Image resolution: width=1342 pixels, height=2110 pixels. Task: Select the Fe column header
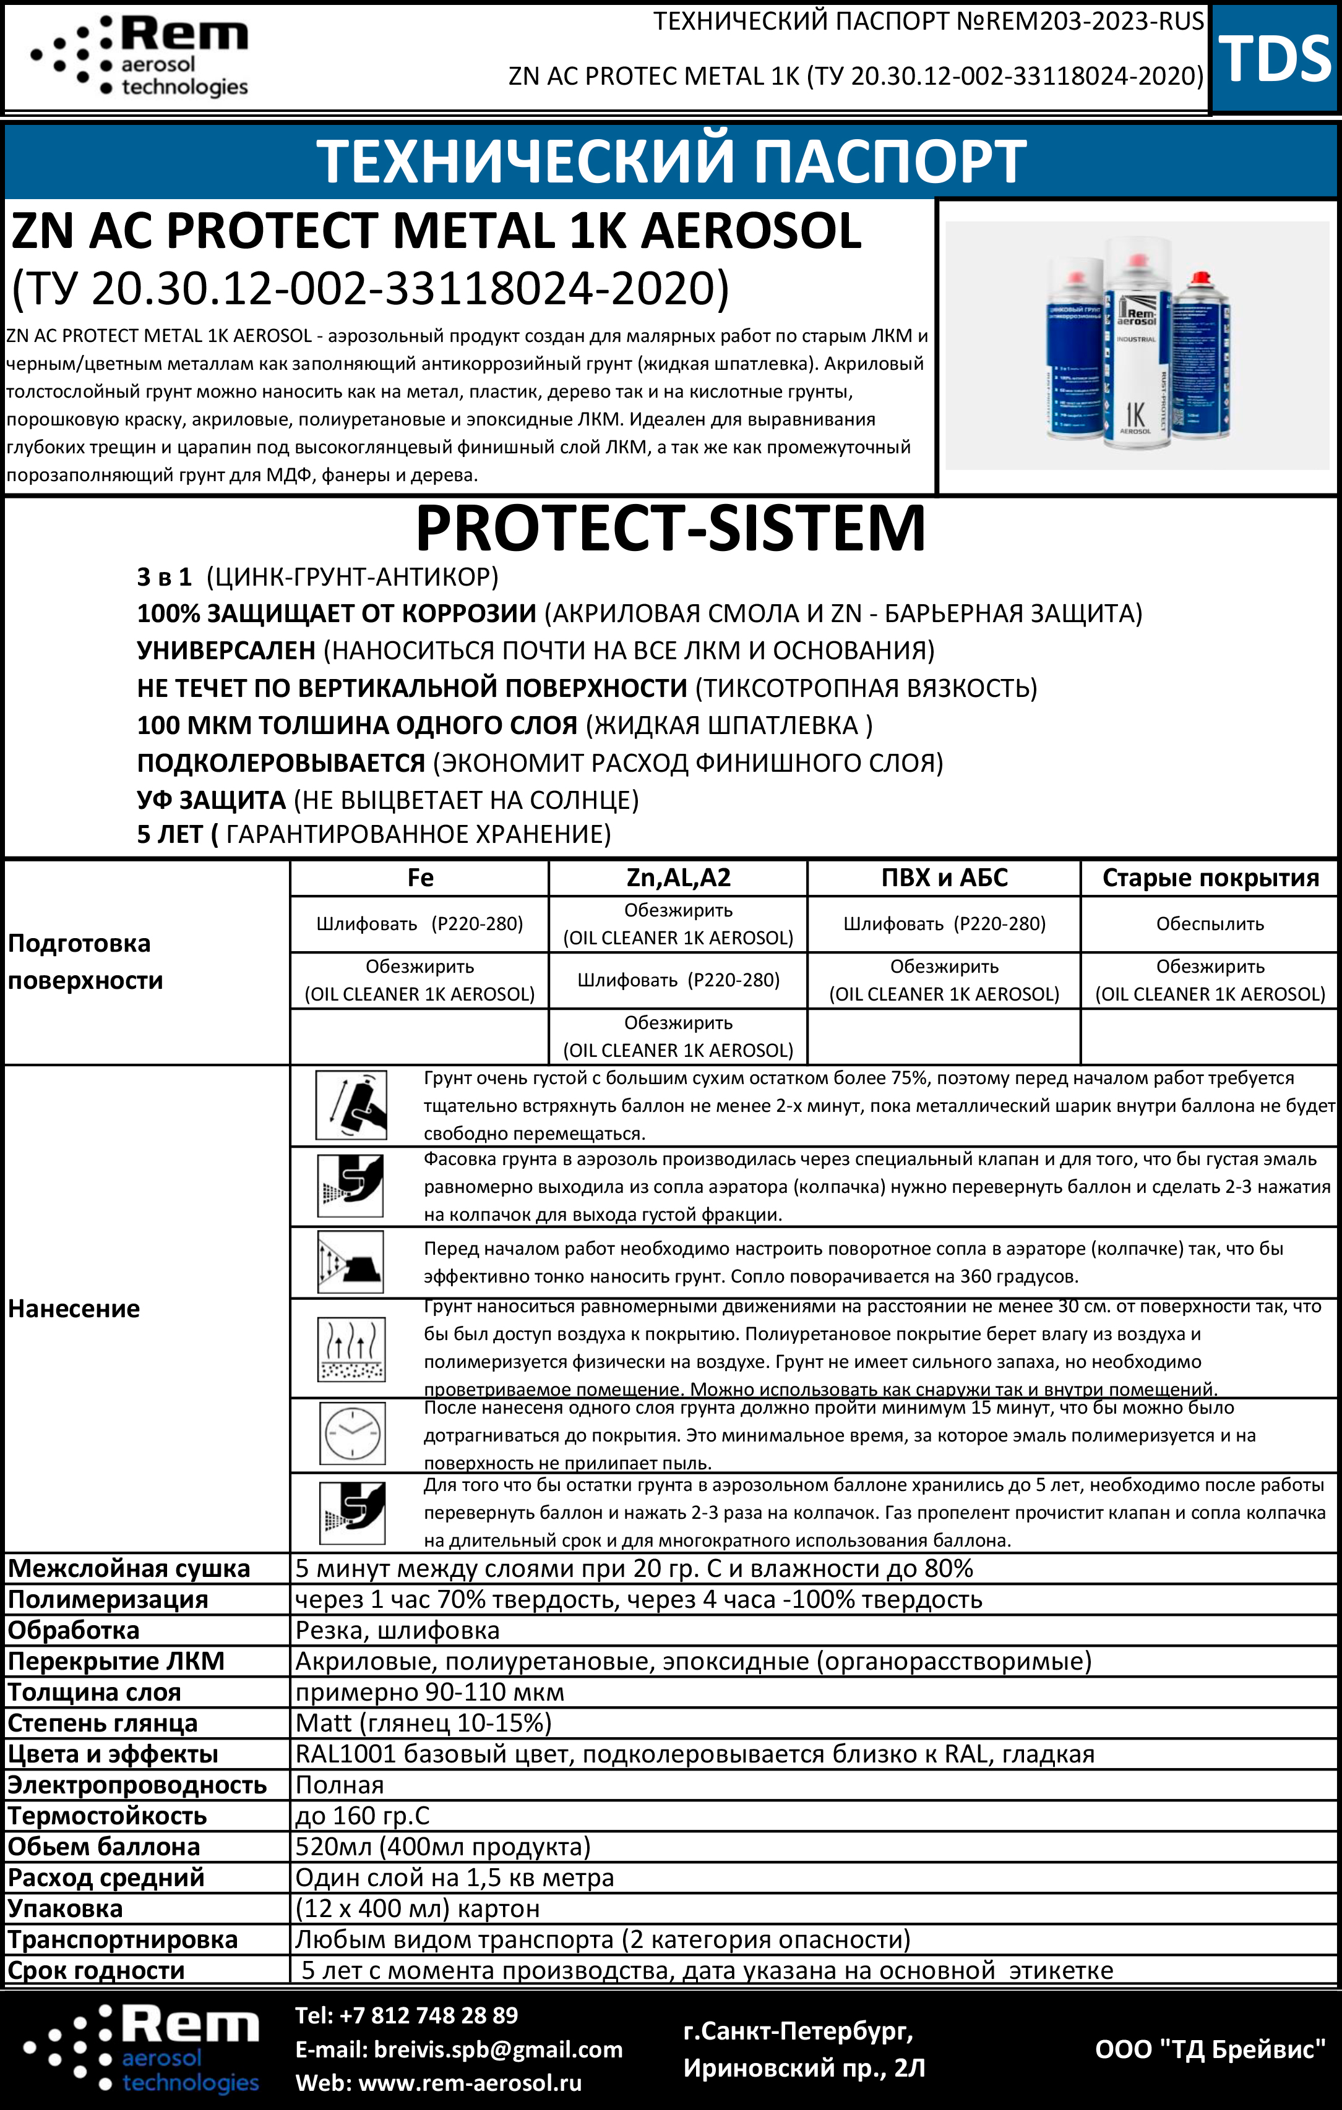point(420,878)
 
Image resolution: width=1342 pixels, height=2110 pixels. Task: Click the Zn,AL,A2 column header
point(677,878)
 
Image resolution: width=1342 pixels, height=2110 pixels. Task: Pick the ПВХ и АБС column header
point(944,878)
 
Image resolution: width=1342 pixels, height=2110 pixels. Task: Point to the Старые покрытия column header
point(1210,878)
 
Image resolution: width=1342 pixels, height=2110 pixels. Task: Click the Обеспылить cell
point(1210,923)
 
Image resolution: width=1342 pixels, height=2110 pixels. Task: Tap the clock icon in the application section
point(351,1435)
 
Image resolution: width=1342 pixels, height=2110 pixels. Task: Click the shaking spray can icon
point(351,1106)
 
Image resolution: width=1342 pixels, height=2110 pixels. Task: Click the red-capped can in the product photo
point(1200,359)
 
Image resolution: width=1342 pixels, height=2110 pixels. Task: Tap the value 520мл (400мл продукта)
point(442,1847)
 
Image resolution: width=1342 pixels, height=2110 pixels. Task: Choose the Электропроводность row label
point(137,1785)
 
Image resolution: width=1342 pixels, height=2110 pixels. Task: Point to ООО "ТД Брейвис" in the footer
point(1210,2049)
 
